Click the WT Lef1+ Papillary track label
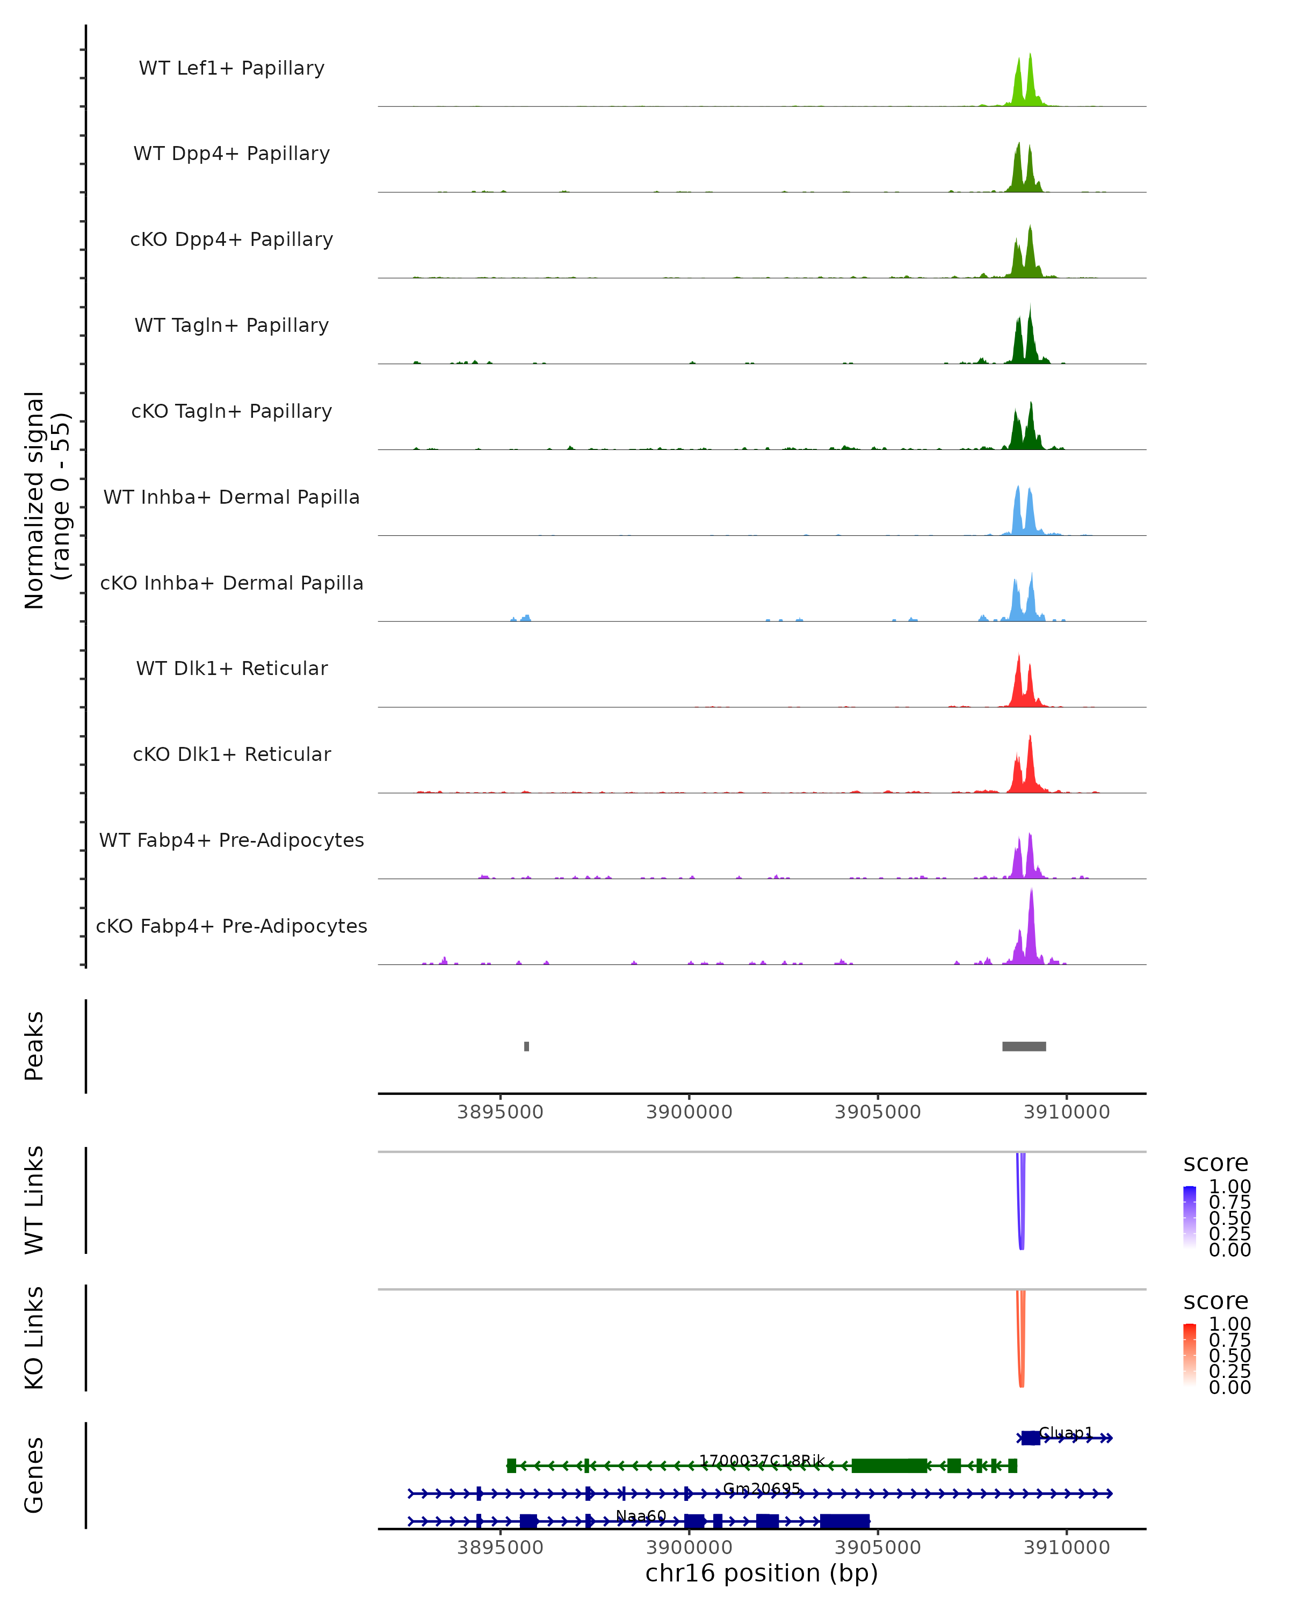click(x=231, y=68)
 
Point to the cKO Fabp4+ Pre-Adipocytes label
click(x=231, y=926)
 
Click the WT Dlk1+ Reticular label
click(x=231, y=668)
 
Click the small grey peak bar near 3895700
click(x=527, y=1046)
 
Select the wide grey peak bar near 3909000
click(x=1024, y=1046)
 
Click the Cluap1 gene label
click(x=1066, y=1432)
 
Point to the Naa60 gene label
click(x=640, y=1515)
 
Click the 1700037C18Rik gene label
click(x=762, y=1460)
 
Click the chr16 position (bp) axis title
click(x=762, y=1573)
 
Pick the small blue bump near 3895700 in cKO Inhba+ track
click(x=525, y=618)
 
